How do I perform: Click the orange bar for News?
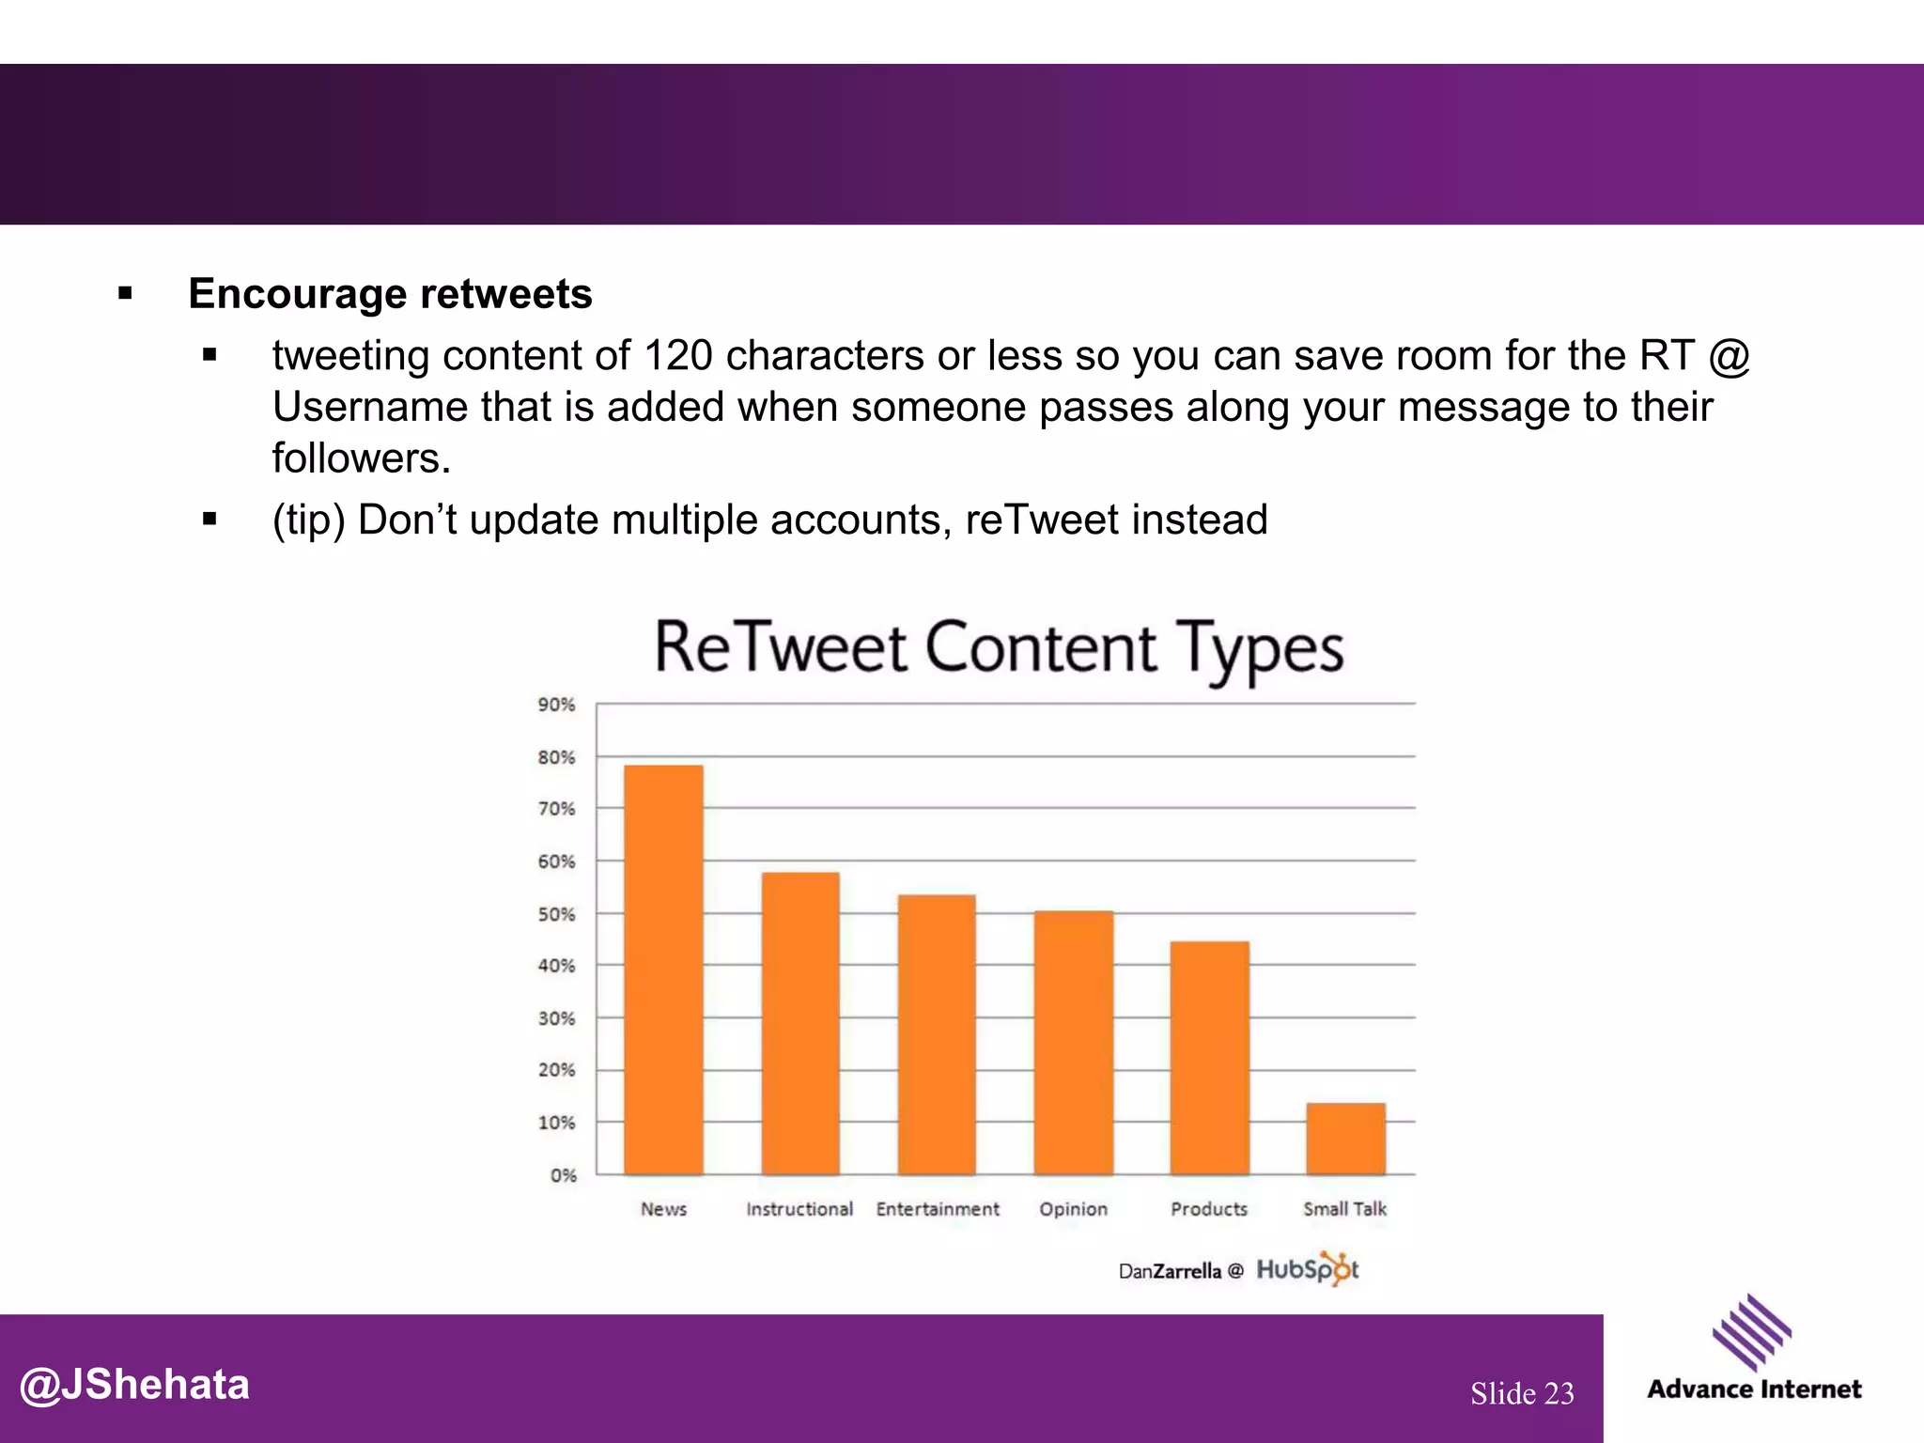663,970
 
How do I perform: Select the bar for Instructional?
800,1024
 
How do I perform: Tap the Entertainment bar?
937,1034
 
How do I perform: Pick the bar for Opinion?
1074,1043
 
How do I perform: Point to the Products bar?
1210,1058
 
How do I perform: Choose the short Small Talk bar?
1345,1139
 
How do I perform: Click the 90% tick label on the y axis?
556,705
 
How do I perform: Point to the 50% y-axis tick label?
556,914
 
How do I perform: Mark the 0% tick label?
563,1175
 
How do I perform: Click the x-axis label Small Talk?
1344,1209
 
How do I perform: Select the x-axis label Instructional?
799,1209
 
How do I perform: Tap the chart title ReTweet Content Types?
999,649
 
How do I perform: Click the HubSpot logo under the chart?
1308,1270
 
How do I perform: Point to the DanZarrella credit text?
1170,1272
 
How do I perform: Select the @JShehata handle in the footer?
134,1385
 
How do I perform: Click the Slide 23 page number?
1522,1393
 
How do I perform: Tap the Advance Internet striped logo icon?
1751,1332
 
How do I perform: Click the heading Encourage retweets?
390,294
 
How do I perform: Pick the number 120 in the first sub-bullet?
677,356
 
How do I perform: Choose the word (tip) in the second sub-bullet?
308,520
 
